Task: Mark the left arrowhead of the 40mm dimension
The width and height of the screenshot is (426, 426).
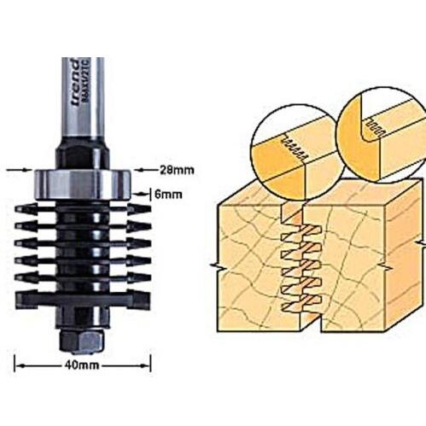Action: (x=19, y=366)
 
